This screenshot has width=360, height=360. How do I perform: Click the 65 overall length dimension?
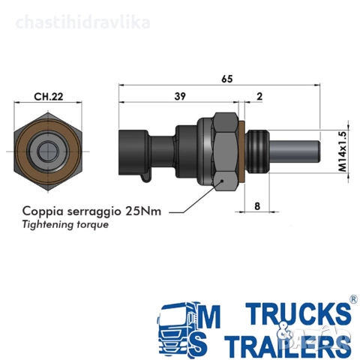click(227, 79)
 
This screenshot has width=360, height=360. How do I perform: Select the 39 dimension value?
click(180, 96)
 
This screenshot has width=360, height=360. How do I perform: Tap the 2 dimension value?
click(259, 96)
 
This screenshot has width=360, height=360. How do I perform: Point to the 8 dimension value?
click(257, 206)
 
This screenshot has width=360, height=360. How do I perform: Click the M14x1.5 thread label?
click(343, 151)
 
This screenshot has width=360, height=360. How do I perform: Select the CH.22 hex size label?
click(49, 97)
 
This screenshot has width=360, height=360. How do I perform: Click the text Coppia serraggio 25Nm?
click(91, 211)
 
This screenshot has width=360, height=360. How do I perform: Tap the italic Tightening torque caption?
click(65, 224)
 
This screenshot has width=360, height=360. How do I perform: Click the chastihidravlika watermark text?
click(82, 22)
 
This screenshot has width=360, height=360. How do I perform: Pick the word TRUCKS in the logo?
click(298, 313)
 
